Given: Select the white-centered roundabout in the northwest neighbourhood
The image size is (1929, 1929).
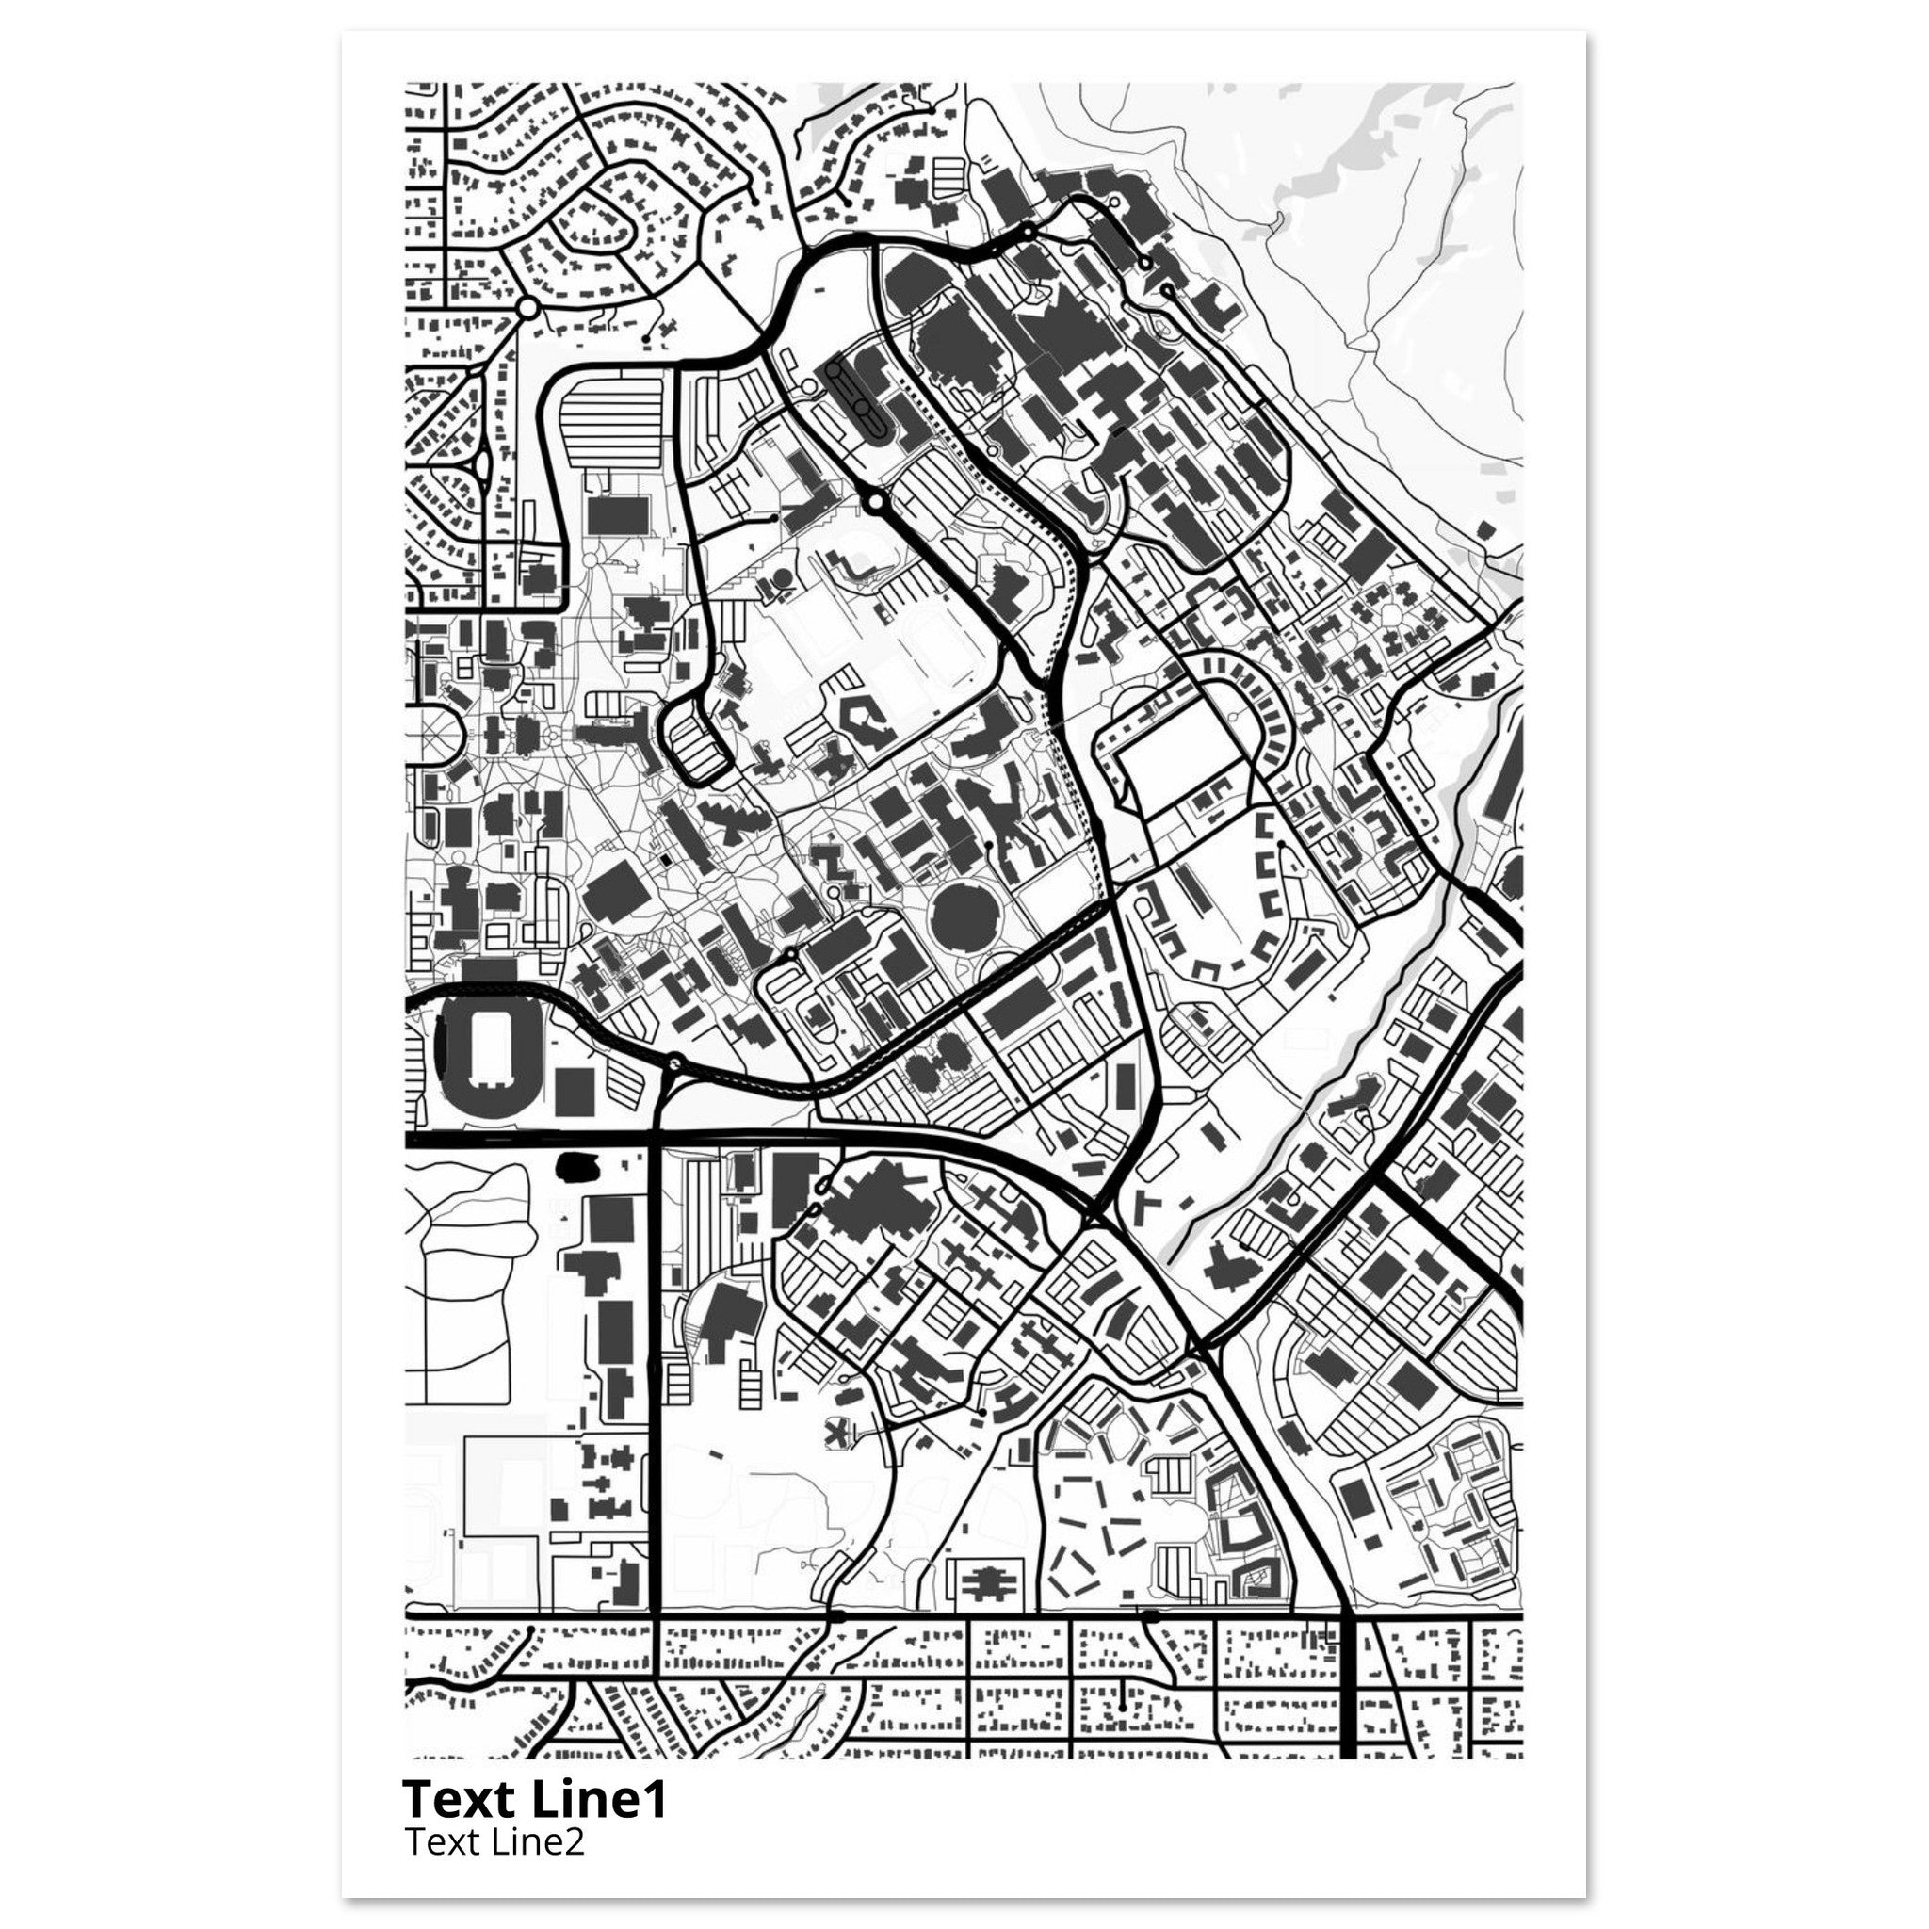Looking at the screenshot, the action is click(x=527, y=307).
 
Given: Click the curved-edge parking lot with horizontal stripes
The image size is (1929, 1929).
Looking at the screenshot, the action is click(x=610, y=414).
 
